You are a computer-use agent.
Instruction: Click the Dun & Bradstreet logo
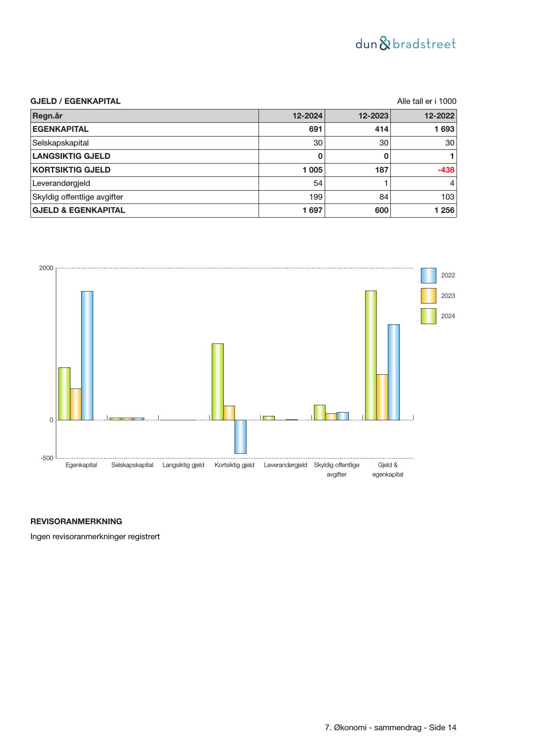pyautogui.click(x=405, y=44)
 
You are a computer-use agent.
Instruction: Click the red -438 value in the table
pyautogui.click(x=446, y=170)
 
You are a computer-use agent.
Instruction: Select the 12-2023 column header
pyautogui.click(x=373, y=116)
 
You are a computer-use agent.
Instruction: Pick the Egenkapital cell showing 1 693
pyautogui.click(x=444, y=129)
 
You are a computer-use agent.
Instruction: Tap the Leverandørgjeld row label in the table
pyautogui.click(x=61, y=183)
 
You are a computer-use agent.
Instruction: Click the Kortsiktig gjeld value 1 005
pyautogui.click(x=312, y=170)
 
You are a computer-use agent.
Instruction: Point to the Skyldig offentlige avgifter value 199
pyautogui.click(x=316, y=197)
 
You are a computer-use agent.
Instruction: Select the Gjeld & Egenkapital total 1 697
pyautogui.click(x=312, y=210)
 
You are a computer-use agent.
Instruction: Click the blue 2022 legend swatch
pyautogui.click(x=428, y=276)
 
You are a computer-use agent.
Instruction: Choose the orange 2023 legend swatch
pyautogui.click(x=428, y=296)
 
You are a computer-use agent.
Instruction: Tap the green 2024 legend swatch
pyautogui.click(x=428, y=316)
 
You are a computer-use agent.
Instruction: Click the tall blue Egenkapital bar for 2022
pyautogui.click(x=87, y=355)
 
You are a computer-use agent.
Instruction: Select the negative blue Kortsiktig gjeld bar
pyautogui.click(x=241, y=437)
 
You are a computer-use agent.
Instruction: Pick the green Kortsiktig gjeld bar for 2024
pyautogui.click(x=218, y=382)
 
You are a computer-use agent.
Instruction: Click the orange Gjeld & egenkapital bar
pyautogui.click(x=382, y=397)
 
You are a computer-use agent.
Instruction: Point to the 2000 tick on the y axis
pyautogui.click(x=46, y=268)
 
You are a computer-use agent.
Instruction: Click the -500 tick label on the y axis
pyautogui.click(x=47, y=458)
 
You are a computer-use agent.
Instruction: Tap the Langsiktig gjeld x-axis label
pyautogui.click(x=183, y=465)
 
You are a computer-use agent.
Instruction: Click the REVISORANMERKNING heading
pyautogui.click(x=76, y=522)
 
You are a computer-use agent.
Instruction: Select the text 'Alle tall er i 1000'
pyautogui.click(x=426, y=101)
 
